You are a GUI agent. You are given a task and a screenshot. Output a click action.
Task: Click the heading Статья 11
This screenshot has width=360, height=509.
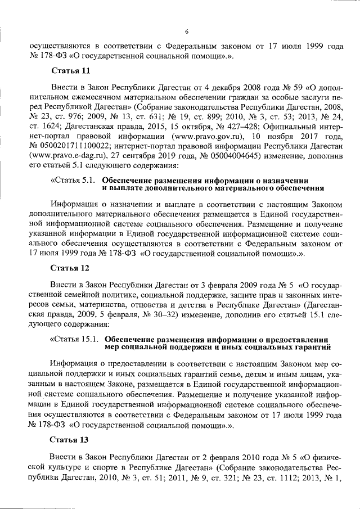tap(70, 72)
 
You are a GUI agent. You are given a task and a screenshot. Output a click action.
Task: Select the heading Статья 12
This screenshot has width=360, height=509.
tap(70, 267)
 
